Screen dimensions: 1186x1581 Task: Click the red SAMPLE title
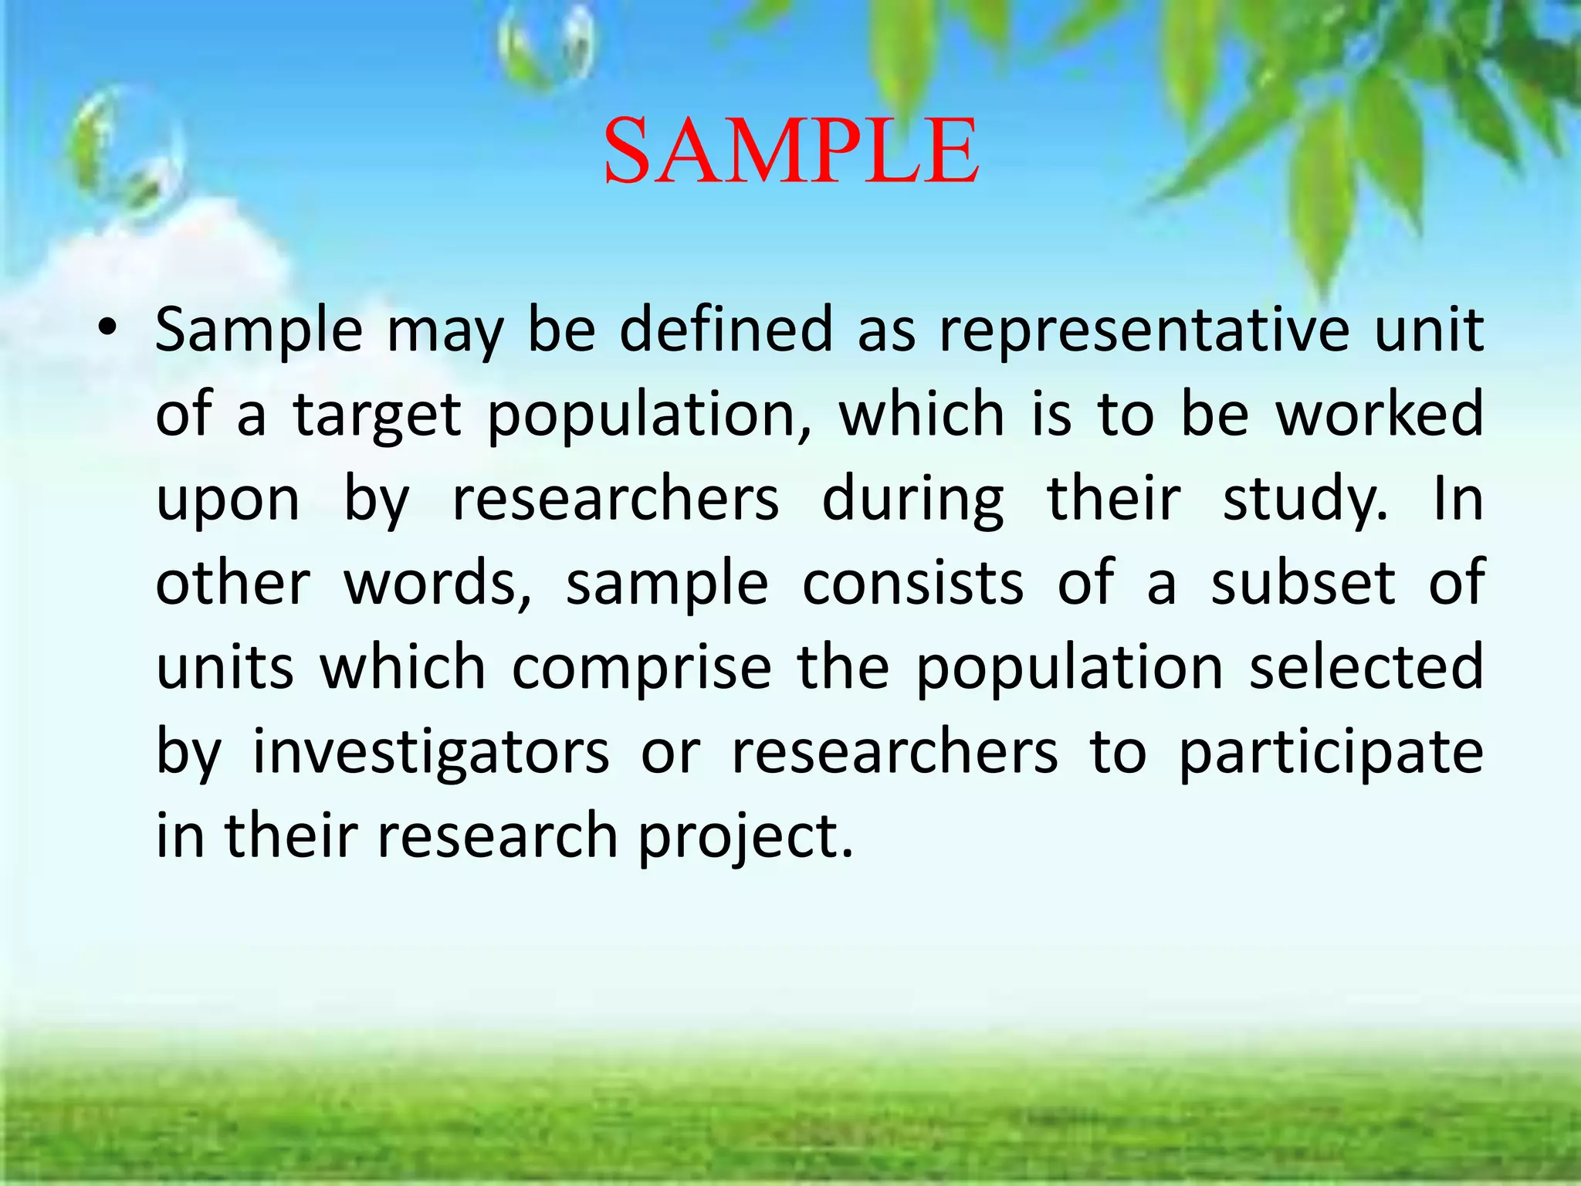click(790, 151)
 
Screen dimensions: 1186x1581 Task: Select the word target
click(377, 415)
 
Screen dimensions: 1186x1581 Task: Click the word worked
click(1380, 414)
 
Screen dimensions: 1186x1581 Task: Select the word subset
click(1303, 583)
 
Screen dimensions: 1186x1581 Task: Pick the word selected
click(1366, 666)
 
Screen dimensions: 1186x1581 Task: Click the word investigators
click(431, 753)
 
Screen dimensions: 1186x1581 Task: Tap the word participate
click(1330, 753)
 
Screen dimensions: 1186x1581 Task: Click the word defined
click(726, 329)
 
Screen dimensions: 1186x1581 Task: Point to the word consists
click(912, 583)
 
